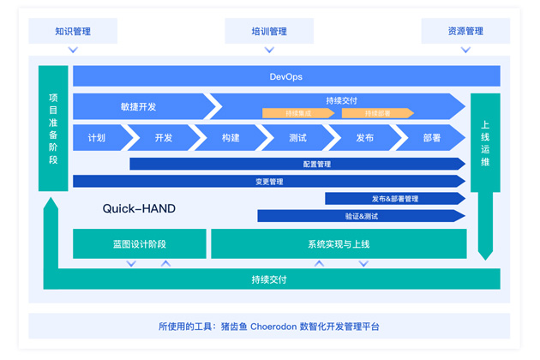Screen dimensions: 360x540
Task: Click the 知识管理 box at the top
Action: [73, 32]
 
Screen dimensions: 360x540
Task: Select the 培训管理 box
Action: [269, 32]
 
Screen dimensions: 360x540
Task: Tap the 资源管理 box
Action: [465, 32]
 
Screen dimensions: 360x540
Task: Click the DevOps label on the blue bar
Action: [286, 77]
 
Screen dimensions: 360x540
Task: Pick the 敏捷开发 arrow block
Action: [139, 107]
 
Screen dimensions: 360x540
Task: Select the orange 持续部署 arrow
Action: [377, 113]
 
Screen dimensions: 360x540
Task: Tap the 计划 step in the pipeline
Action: [97, 138]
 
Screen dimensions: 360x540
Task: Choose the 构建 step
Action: [231, 138]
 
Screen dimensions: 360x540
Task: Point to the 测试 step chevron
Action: [297, 138]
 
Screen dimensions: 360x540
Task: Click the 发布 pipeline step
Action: [364, 138]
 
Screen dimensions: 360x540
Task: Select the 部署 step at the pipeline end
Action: [431, 138]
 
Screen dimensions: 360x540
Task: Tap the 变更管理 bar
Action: [269, 182]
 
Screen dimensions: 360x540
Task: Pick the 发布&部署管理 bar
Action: [394, 199]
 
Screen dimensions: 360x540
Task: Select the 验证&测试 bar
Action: [361, 216]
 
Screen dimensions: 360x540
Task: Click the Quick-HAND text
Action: [139, 208]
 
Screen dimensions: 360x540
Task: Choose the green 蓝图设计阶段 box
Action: [139, 244]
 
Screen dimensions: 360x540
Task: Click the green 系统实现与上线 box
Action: [339, 244]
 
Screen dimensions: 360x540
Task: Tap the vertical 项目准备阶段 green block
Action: [53, 129]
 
